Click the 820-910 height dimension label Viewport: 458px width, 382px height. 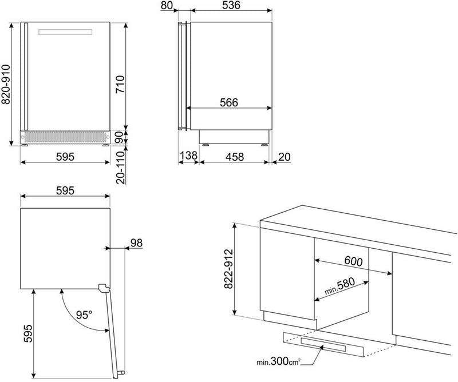pos(6,84)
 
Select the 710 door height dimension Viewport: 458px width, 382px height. pos(120,84)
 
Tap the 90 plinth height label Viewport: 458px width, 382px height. pos(120,137)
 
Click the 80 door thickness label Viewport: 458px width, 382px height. pos(167,5)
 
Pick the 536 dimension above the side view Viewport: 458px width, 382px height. pos(231,5)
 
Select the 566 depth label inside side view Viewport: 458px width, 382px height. pos(229,102)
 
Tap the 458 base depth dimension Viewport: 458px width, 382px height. pos(235,157)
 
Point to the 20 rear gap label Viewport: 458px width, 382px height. pos(284,157)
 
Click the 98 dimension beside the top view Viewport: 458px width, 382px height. pos(136,243)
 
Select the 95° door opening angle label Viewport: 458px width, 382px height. pos(84,315)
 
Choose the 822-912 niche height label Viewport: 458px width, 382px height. pos(228,269)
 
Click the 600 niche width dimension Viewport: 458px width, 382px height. pos(353,261)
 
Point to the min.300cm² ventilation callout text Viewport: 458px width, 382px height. pos(278,361)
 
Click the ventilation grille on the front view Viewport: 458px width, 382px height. pos(65,137)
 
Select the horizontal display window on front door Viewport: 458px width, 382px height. pos(65,32)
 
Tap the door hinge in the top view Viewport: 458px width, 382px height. pos(104,288)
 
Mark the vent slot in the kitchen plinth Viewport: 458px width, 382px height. pos(323,345)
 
